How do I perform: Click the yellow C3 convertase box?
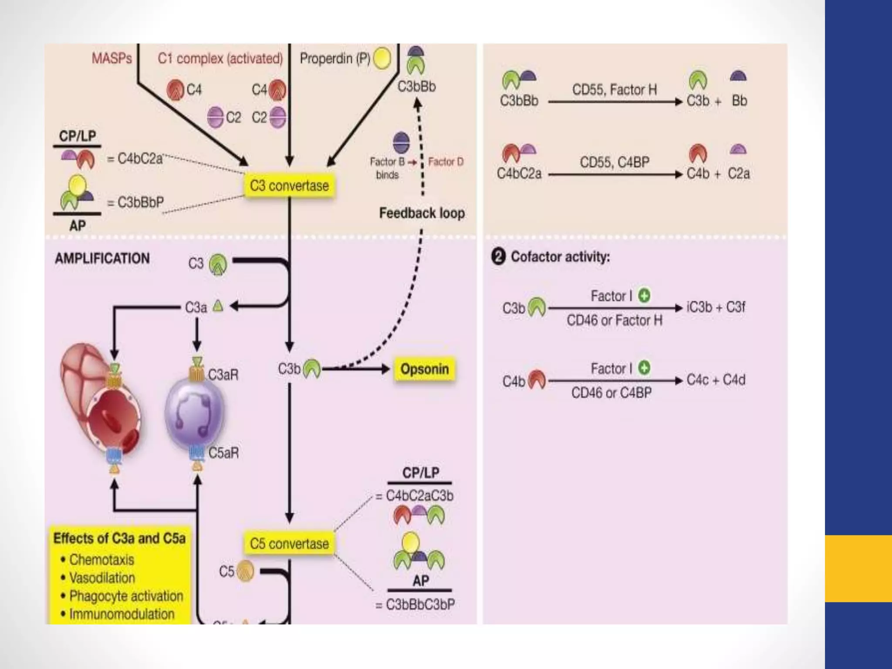(289, 186)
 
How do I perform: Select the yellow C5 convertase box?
(289, 544)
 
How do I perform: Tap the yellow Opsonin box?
(424, 369)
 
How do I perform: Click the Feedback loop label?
(422, 213)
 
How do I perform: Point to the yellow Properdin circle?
(382, 59)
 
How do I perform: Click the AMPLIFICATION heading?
(102, 258)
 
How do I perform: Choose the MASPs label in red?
(111, 58)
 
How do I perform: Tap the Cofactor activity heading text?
(560, 257)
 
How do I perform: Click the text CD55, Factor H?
(614, 90)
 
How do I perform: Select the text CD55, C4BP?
(614, 162)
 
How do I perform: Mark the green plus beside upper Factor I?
(644, 296)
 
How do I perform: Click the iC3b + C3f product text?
(716, 307)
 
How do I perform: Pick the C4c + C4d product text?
(716, 380)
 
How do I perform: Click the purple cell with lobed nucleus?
(195, 412)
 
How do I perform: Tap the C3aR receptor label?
(223, 375)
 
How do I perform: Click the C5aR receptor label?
(223, 453)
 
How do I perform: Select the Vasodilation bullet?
(102, 578)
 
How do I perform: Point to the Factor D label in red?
(446, 162)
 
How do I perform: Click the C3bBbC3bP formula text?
(420, 605)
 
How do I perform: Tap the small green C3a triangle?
(218, 307)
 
